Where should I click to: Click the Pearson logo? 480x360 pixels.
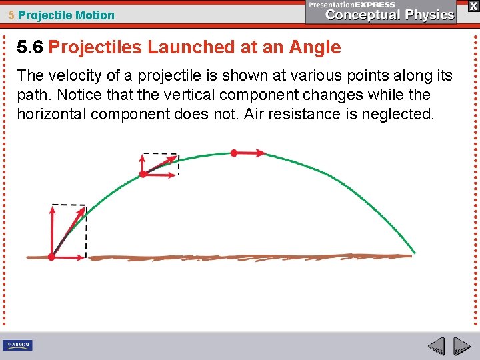[17, 345]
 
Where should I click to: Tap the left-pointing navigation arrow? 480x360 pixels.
[436, 347]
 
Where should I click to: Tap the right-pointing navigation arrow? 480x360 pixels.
[462, 347]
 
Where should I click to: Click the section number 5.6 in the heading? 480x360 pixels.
[31, 47]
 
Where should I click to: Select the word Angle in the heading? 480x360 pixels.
[315, 47]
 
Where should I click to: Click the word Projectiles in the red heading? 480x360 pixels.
[95, 47]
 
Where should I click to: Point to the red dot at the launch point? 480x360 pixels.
[52, 257]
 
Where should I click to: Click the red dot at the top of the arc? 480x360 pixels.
[233, 153]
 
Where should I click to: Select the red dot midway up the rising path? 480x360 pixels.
[143, 174]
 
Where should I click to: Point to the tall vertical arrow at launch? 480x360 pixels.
[52, 230]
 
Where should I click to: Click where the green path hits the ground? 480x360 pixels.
[413, 254]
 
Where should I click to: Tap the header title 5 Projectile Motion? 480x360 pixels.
[61, 15]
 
